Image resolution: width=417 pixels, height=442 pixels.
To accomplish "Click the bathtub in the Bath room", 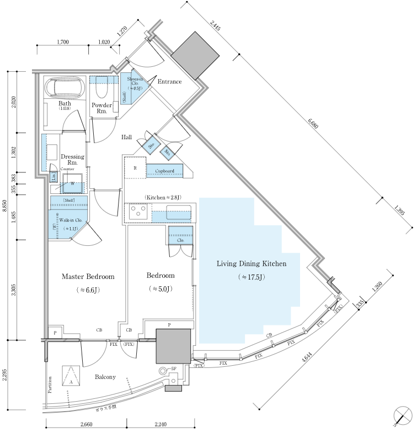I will (x=65, y=87).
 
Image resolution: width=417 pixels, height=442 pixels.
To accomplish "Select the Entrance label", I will (x=169, y=82).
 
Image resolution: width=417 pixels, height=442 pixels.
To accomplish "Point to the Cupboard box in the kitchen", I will (x=164, y=171).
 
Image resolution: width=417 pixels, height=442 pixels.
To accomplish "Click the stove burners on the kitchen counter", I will (x=137, y=210).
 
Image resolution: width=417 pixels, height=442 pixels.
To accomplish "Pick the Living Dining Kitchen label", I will (x=251, y=264).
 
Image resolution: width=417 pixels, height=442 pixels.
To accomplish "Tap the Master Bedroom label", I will (x=88, y=276).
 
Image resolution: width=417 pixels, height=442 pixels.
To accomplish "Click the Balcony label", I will (x=105, y=377).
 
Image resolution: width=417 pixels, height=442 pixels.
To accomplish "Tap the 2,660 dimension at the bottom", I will (x=86, y=424).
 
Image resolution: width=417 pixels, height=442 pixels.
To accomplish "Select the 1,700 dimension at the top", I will (x=63, y=42).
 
